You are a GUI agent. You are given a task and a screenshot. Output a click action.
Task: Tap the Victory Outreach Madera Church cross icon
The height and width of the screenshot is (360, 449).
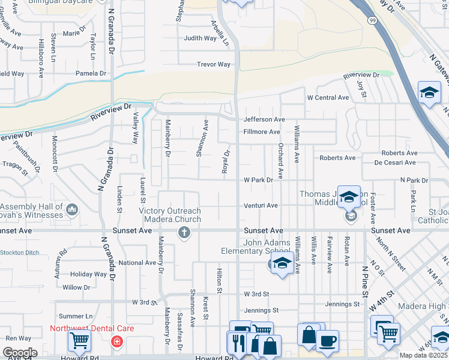(184, 233)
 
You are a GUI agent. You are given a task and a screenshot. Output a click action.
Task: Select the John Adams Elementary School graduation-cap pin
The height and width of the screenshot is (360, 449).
(282, 263)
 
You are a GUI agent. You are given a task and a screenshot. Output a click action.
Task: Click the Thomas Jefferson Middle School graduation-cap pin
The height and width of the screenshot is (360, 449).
(349, 196)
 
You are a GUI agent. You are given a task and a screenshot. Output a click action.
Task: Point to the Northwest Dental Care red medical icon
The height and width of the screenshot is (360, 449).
(117, 341)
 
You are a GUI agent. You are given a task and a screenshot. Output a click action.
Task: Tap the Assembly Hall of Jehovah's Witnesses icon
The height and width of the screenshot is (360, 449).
(72, 209)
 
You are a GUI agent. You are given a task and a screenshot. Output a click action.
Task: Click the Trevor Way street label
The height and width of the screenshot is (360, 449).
(214, 64)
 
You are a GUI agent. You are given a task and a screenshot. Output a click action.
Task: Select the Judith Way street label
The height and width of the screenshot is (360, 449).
(200, 38)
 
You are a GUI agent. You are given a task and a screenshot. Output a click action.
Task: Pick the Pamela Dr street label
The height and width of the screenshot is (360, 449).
(91, 73)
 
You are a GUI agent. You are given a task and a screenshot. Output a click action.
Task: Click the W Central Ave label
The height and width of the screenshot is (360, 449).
(328, 97)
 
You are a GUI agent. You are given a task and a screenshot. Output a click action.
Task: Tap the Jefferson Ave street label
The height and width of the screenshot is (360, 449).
(264, 119)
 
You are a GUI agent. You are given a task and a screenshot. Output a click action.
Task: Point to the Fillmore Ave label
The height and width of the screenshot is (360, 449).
(262, 132)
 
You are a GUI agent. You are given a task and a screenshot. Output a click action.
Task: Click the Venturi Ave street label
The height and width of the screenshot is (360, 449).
(261, 205)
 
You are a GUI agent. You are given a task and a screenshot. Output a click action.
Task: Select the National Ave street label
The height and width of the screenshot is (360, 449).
(137, 263)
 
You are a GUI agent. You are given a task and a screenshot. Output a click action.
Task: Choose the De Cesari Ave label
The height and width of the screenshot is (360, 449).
(396, 162)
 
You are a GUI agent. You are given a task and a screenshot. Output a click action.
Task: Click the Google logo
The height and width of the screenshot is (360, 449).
(20, 352)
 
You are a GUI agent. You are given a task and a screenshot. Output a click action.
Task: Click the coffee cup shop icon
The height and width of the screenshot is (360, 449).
(327, 341)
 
